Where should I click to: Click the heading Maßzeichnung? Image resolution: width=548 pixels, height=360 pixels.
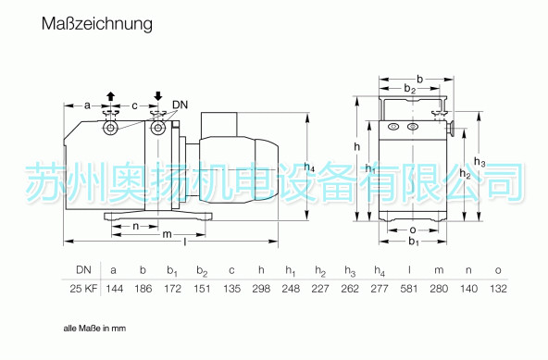pos(97,24)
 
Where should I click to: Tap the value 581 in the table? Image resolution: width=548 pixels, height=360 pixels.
pos(409,289)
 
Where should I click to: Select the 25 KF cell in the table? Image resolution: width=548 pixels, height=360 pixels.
pos(83,289)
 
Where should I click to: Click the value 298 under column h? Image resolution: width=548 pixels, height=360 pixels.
pos(261,289)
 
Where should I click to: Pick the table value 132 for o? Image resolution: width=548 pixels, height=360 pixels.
pos(498,289)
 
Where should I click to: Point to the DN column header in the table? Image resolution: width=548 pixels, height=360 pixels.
pos(84,270)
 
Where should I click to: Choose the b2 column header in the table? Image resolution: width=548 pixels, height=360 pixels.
pos(202,271)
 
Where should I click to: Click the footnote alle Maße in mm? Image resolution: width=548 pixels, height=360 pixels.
pos(94,329)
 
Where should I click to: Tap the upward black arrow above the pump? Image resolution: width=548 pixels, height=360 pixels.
pos(111,96)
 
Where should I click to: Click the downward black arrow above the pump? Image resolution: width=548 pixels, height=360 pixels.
pos(158,96)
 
